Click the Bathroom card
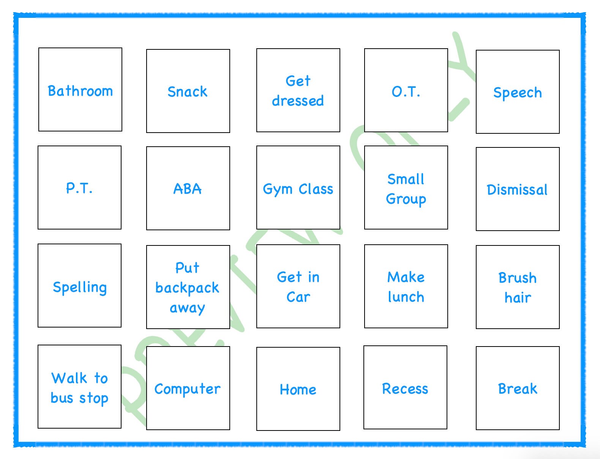point(80,90)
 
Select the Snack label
point(188,92)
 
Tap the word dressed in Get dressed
point(298,101)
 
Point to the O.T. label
point(406,92)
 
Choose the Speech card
point(517,92)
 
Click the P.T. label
point(79,188)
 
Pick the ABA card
point(188,189)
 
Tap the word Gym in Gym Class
point(278,189)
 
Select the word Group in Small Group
point(406,199)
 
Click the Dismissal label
point(517,190)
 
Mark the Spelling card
point(80,287)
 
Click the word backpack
point(187,288)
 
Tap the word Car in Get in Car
point(298,297)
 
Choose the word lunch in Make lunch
point(406,297)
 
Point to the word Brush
point(517,278)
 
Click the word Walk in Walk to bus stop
point(69,378)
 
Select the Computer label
point(187,389)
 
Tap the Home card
point(298,389)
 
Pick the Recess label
point(405,389)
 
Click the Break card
point(517,389)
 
